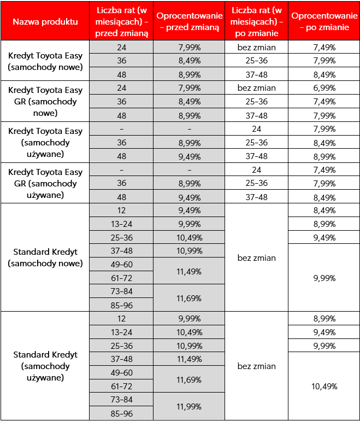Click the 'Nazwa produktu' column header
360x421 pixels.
pos(45,21)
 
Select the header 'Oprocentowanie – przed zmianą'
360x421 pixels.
pos(190,21)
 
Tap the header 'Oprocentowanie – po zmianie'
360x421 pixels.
pos(324,21)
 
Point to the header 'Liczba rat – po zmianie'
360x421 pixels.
pos(257,21)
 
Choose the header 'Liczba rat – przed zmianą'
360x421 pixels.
pos(121,21)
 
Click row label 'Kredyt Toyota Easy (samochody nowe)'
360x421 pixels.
pos(45,61)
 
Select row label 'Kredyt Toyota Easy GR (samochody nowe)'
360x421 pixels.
pos(45,101)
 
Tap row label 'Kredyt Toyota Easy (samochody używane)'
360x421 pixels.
pos(45,142)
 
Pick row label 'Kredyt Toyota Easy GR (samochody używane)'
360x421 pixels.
pos(45,183)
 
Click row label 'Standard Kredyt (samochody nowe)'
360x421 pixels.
pos(45,258)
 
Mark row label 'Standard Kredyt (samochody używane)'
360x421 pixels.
pos(45,366)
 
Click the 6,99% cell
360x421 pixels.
pos(324,88)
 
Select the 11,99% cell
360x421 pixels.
pos(190,407)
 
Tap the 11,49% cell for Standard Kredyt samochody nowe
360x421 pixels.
pos(190,271)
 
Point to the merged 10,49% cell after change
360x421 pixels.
pos(324,386)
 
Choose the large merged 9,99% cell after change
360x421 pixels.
pos(324,278)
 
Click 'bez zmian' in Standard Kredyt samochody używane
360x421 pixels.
pos(257,366)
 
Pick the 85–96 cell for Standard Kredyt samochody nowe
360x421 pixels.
pos(121,305)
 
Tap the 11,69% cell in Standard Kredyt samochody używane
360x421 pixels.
pos(190,379)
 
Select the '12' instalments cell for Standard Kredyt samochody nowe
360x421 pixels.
pos(121,210)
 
